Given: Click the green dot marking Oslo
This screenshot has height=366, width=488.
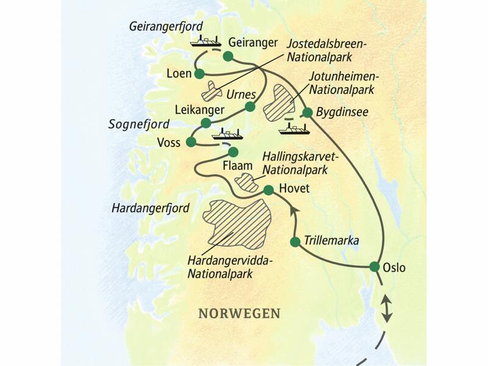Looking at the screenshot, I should [x=375, y=266].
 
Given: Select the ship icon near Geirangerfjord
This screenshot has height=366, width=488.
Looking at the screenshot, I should [x=206, y=41].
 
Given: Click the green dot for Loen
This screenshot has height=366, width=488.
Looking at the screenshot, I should [x=199, y=74].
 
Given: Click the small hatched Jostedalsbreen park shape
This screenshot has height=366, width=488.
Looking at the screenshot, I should [x=213, y=91].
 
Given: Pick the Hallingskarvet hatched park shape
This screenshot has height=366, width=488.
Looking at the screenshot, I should [x=246, y=181].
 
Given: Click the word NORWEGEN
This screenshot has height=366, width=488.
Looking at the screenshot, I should [x=239, y=313].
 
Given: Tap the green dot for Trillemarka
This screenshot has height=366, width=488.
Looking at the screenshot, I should [x=295, y=242].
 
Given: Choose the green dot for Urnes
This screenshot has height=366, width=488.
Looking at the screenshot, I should [x=249, y=107].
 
